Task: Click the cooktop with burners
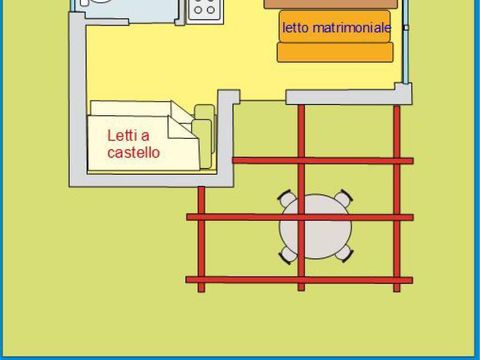click(205, 9)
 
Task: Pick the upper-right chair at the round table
click(344, 197)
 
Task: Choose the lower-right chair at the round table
click(344, 254)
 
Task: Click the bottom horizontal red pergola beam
click(300, 279)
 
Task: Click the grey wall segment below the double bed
click(345, 97)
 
